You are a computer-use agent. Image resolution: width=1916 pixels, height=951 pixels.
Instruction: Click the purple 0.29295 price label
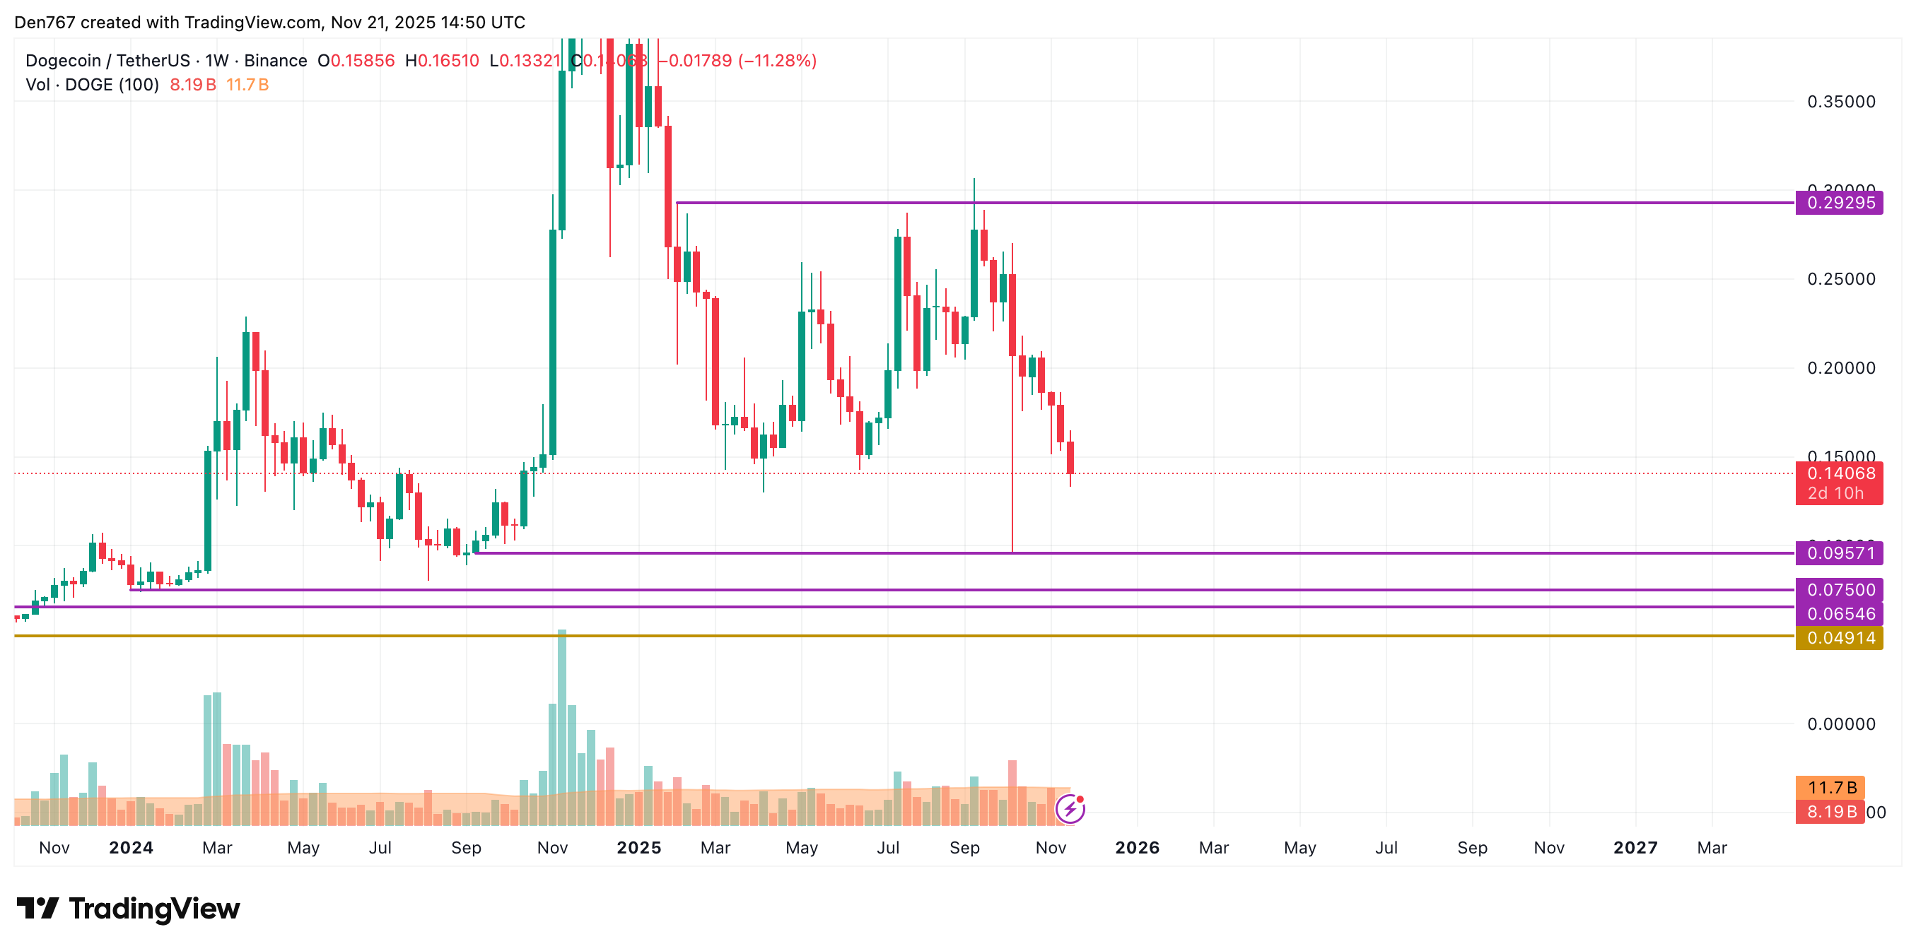[x=1838, y=203]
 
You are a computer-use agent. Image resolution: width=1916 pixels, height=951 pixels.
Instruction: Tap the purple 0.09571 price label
[x=1838, y=553]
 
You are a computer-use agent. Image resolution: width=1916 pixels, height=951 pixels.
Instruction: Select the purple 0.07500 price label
[x=1838, y=590]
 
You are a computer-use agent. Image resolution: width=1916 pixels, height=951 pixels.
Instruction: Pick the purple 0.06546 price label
[x=1838, y=614]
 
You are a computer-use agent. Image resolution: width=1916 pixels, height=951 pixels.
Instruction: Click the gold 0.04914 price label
[x=1838, y=638]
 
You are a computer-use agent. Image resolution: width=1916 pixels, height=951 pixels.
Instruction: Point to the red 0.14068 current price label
[x=1838, y=473]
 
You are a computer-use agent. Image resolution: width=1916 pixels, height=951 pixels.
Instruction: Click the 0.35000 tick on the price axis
[x=1841, y=102]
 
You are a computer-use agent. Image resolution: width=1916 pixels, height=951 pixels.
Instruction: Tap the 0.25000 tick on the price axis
[x=1841, y=280]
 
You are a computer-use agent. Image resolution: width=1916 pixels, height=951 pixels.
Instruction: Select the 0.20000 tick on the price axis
[x=1841, y=368]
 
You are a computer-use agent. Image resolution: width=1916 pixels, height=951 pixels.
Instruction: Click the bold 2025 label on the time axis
[x=639, y=848]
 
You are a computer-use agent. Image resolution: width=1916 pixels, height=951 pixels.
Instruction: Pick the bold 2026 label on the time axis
[x=1136, y=848]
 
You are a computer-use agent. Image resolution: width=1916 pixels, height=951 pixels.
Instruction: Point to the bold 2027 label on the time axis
[x=1635, y=848]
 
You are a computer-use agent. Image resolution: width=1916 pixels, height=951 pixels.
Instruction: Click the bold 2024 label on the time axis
[x=131, y=848]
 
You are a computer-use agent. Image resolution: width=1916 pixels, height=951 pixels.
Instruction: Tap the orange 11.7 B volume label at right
[x=1831, y=787]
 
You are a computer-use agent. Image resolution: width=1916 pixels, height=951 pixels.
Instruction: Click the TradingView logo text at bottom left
[x=153, y=909]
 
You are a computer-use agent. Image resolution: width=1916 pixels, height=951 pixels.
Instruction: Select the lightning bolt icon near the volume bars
[x=1070, y=808]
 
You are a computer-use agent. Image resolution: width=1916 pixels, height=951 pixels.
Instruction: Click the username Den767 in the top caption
[x=45, y=23]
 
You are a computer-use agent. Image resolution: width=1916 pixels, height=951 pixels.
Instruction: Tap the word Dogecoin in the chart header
[x=62, y=61]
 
